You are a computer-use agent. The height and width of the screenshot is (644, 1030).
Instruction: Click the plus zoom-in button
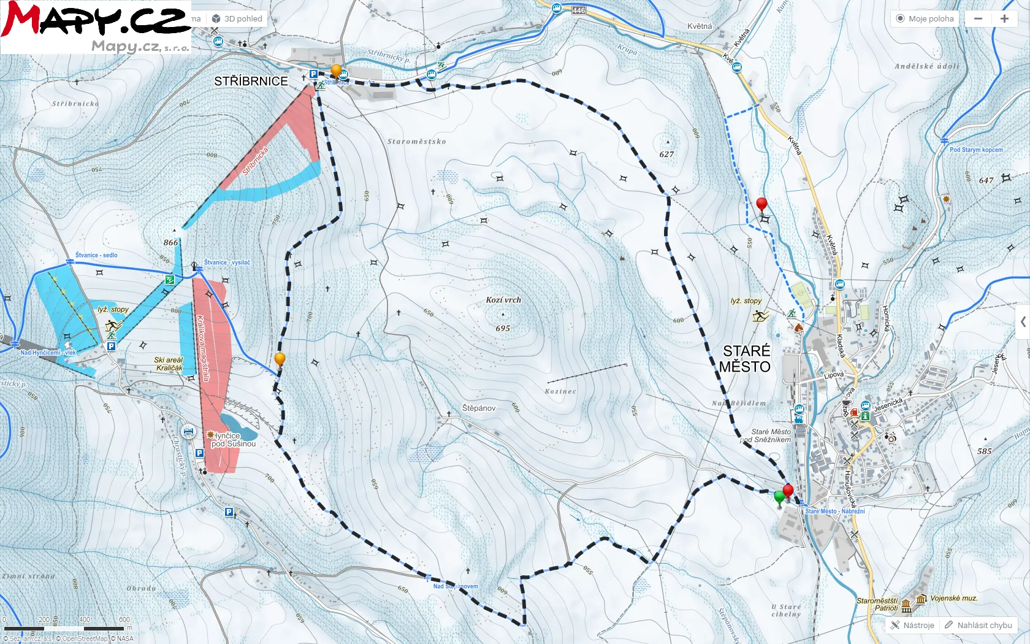pyautogui.click(x=1004, y=18)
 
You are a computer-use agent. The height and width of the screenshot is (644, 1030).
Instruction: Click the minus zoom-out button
pyautogui.click(x=979, y=18)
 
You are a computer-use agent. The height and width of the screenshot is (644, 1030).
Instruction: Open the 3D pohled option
pyautogui.click(x=237, y=18)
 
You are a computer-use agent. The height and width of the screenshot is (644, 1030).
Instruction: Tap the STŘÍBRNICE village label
pyautogui.click(x=251, y=81)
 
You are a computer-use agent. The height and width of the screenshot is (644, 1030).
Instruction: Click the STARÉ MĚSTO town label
pyautogui.click(x=746, y=359)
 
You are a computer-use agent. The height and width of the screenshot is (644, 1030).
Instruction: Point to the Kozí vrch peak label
pyautogui.click(x=503, y=300)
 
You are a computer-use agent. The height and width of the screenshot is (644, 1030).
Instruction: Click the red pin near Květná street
pyautogui.click(x=761, y=204)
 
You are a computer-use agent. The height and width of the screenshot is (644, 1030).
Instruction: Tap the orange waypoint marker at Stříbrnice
pyautogui.click(x=336, y=70)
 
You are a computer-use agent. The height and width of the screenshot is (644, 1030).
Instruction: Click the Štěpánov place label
pyautogui.click(x=479, y=408)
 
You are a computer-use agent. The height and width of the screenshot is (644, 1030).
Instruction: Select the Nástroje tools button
pyautogui.click(x=913, y=625)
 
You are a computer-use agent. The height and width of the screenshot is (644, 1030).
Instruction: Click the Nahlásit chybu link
pyautogui.click(x=979, y=625)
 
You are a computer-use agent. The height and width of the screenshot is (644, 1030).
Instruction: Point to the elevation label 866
pyautogui.click(x=170, y=242)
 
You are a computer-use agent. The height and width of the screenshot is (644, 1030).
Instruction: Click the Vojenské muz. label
pyautogui.click(x=953, y=598)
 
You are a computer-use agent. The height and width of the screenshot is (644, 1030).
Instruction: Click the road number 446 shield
pyautogui.click(x=579, y=10)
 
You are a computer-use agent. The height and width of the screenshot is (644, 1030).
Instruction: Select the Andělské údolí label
pyautogui.click(x=926, y=66)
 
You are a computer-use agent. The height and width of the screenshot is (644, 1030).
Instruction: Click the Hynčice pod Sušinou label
pyautogui.click(x=233, y=439)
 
